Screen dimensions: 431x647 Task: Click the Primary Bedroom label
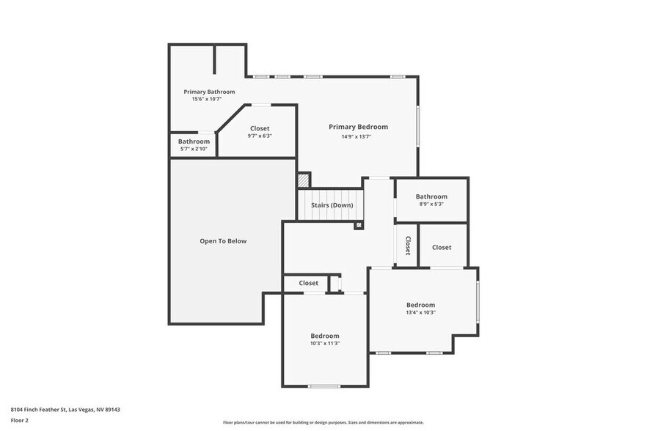point(358,127)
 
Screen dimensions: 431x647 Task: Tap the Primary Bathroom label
point(209,92)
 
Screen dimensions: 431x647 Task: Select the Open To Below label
point(223,241)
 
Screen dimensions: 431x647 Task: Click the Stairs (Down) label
point(332,205)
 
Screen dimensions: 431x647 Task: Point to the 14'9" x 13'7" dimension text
point(356,136)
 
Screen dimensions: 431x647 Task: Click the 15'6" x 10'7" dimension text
point(209,99)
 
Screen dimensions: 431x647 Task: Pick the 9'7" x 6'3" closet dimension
point(260,136)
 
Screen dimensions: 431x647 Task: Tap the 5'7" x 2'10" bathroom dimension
point(194,149)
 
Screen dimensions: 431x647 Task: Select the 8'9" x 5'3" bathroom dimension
point(431,205)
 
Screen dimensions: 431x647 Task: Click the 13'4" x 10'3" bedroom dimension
point(420,312)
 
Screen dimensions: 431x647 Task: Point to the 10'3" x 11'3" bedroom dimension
point(324,343)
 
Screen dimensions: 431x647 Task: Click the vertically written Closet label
point(407,246)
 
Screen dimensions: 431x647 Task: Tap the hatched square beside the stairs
point(304,180)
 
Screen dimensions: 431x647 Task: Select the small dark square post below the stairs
point(358,225)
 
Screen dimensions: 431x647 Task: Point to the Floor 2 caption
point(19,420)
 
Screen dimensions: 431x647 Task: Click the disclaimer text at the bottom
point(323,423)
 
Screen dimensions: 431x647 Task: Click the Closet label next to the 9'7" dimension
point(260,128)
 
